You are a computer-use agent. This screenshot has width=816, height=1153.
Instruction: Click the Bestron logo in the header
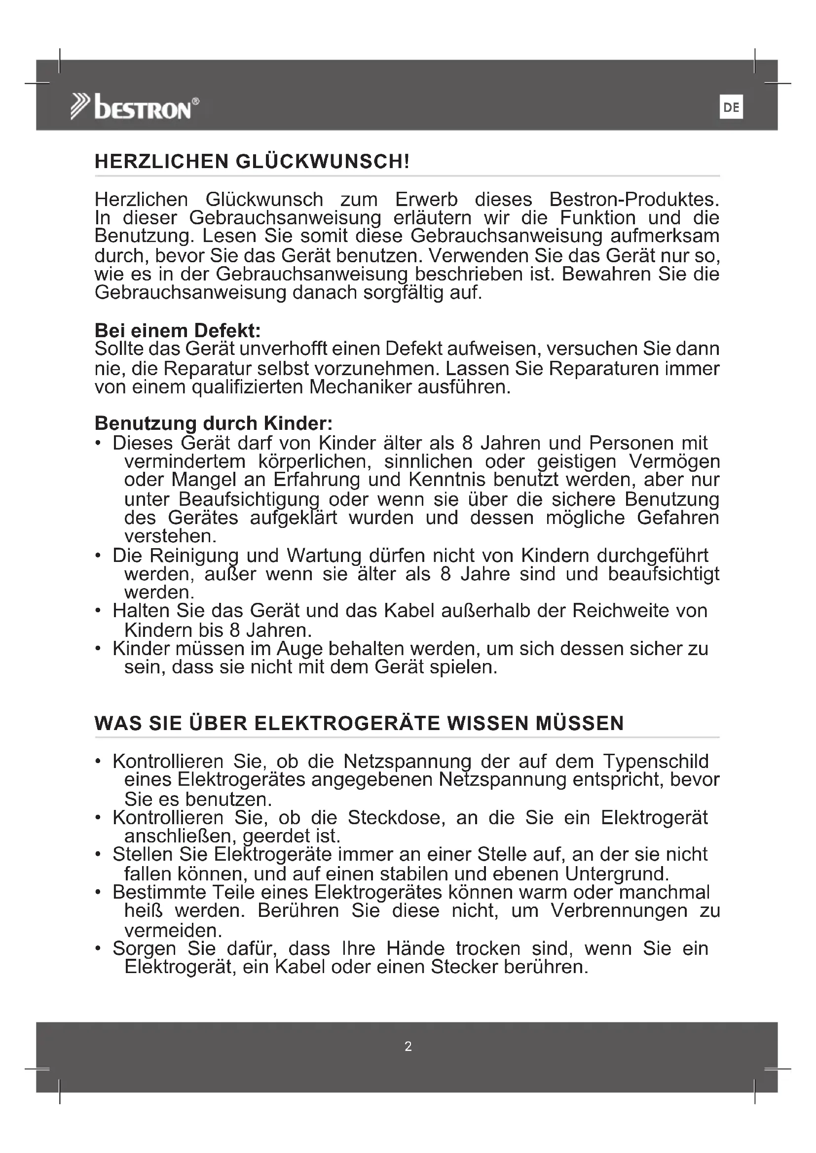[x=134, y=106]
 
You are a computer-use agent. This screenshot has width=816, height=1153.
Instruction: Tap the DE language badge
[x=731, y=107]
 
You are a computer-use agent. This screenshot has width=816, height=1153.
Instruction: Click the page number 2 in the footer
[x=408, y=1046]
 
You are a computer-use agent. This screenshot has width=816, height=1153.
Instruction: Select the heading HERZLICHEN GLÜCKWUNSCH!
[x=252, y=162]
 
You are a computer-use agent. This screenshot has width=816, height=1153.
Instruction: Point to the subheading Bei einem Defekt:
[x=178, y=330]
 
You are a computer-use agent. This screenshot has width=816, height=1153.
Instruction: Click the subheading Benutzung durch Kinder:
[x=214, y=423]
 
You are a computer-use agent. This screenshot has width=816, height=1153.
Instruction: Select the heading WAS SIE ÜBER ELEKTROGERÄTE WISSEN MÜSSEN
[x=359, y=723]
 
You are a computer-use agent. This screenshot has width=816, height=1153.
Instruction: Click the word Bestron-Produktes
[x=634, y=199]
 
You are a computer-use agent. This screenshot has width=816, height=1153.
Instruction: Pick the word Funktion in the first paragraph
[x=598, y=218]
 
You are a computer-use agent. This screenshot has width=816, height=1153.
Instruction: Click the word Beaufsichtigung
[x=249, y=499]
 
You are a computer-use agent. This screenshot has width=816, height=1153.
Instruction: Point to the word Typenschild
[x=656, y=761]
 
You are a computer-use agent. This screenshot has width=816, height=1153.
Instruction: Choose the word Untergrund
[x=617, y=874]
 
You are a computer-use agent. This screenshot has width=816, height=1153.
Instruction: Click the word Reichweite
[x=621, y=611]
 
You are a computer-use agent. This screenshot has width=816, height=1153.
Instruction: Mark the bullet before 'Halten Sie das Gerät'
[x=99, y=611]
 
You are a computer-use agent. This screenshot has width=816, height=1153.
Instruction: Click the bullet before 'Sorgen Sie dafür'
[x=99, y=948]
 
